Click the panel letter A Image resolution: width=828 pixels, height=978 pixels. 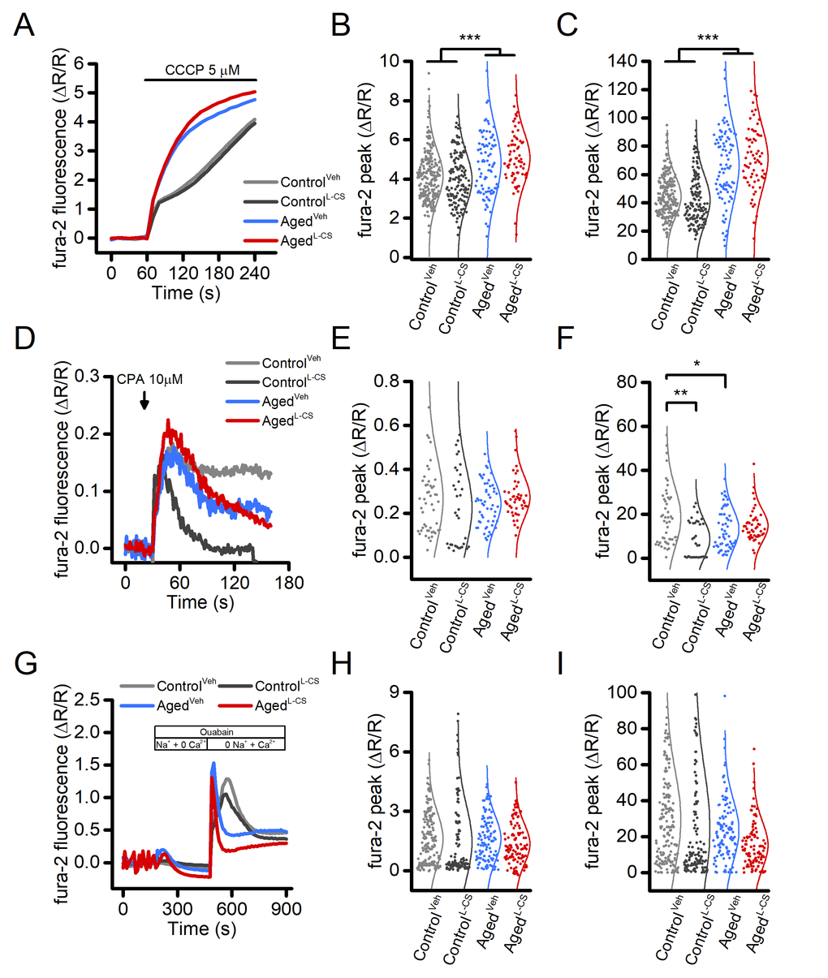tap(24, 26)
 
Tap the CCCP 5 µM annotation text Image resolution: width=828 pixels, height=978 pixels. tap(202, 71)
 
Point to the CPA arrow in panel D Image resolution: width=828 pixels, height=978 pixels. tap(144, 400)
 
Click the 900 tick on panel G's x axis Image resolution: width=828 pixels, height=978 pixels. tap(286, 908)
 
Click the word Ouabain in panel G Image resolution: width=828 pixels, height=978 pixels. tap(218, 731)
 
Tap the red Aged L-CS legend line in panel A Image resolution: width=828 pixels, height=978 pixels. tap(260, 241)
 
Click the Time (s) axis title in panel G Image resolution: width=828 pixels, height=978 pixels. tap(202, 928)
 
